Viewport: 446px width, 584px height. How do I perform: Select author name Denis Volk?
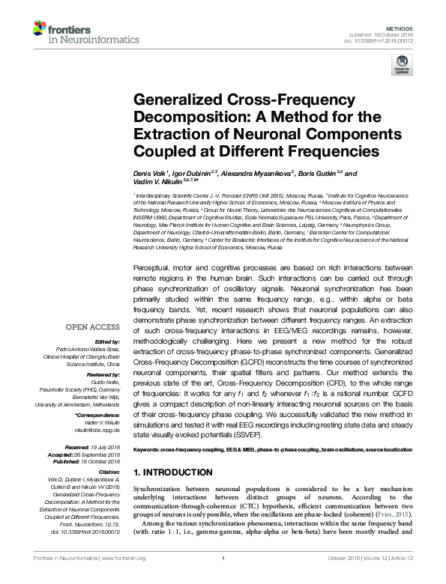click(149, 171)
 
